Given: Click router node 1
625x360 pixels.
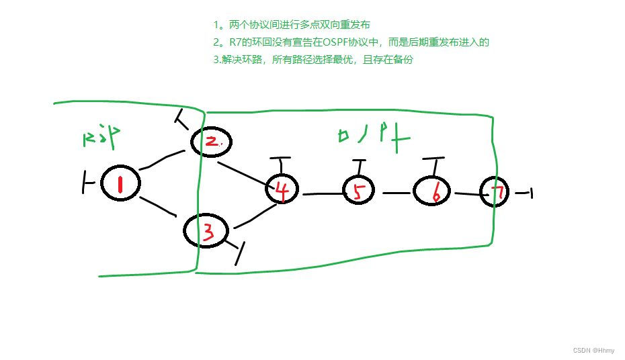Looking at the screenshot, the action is (120, 183).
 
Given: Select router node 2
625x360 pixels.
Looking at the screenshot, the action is (211, 142).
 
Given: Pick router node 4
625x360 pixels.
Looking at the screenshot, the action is (283, 190).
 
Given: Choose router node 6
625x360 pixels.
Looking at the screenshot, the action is (434, 192).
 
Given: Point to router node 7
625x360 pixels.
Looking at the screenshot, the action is (496, 193).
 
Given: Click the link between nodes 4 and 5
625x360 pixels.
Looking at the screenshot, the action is (323, 194).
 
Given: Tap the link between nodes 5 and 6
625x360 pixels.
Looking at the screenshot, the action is (396, 193).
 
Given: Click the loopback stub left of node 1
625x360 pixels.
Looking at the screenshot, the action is (87, 182).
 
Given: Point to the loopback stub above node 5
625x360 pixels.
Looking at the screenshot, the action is (358, 167).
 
